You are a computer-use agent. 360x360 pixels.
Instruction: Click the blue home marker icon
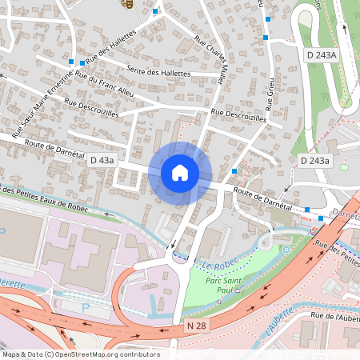click(x=180, y=173)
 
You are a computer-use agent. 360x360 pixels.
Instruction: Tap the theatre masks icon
click(x=126, y=3)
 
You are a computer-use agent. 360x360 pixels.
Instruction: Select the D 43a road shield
click(x=102, y=161)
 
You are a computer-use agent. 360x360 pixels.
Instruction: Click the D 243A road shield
click(x=322, y=54)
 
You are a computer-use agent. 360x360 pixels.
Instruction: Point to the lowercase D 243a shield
click(x=314, y=161)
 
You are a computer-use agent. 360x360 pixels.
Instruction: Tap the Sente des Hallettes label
click(x=158, y=73)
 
